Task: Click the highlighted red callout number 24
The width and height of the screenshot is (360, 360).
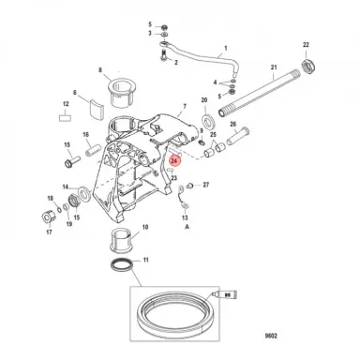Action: point(175,160)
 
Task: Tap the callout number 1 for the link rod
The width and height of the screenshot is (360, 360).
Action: point(226,46)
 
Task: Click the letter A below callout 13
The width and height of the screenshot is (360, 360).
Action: point(172,227)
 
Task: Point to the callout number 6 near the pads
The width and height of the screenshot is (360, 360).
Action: point(75,93)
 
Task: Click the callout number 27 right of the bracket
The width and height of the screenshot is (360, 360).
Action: point(207,186)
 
